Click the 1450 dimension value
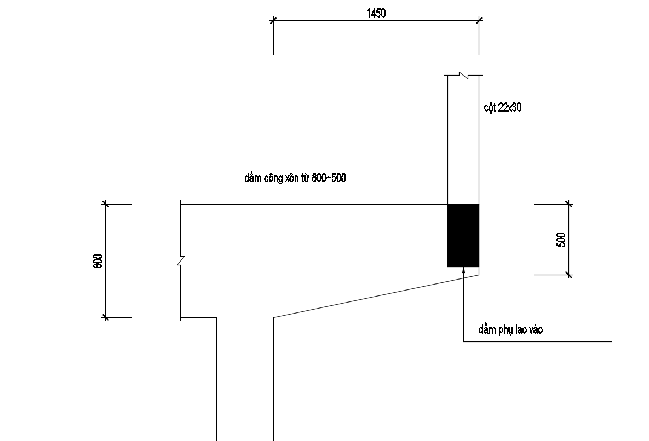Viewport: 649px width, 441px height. [x=376, y=13]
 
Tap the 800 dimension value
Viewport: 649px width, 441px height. [x=98, y=261]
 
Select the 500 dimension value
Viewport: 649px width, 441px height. [x=561, y=240]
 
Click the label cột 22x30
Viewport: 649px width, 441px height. [x=502, y=107]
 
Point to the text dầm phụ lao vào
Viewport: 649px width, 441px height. [x=510, y=329]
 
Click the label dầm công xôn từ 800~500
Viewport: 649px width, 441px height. [x=295, y=178]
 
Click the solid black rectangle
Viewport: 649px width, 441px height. [x=463, y=236]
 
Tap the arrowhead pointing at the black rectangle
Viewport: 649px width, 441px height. [x=463, y=270]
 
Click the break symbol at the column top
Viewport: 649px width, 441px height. [x=463, y=75]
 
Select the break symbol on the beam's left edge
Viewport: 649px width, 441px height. [x=181, y=261]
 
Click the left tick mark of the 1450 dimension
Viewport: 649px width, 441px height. [x=273, y=20]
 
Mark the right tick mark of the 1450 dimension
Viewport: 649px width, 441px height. [x=479, y=20]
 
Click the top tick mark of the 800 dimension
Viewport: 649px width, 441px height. [x=106, y=204]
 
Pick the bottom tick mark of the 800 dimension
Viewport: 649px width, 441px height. [x=106, y=317]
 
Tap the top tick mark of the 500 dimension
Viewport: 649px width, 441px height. [x=569, y=204]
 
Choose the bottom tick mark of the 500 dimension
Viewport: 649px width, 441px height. [x=569, y=275]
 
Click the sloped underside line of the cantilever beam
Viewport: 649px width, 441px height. [x=376, y=297]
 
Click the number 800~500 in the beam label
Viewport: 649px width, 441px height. [x=329, y=178]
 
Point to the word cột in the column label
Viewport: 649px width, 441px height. [x=490, y=108]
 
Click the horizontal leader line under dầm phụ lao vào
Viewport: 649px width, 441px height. [x=538, y=342]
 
